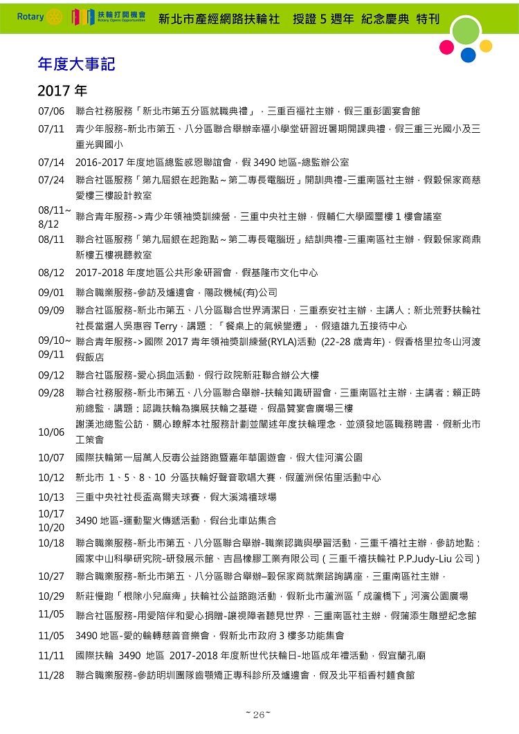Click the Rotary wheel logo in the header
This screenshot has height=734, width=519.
[56, 16]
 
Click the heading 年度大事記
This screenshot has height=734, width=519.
[76, 64]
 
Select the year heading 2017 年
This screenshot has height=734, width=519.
[62, 91]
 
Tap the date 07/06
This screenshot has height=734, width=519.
[51, 111]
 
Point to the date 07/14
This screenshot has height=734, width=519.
[51, 163]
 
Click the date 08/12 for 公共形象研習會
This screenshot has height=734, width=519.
[51, 273]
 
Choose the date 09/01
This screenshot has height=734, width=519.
[51, 292]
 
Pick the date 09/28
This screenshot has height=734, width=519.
[51, 392]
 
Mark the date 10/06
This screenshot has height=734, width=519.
[51, 432]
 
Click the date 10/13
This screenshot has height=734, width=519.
[51, 497]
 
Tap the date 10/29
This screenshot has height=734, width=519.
[51, 596]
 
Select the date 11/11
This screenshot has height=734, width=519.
[51, 655]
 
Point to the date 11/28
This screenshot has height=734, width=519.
[51, 675]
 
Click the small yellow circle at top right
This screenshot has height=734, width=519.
[486, 46]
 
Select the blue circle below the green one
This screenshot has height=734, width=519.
[468, 55]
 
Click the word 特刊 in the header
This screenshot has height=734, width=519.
[428, 19]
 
